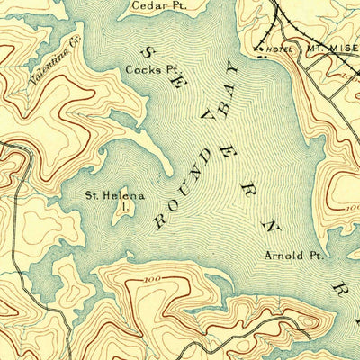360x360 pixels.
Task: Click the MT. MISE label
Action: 332,46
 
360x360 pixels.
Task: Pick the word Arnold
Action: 281,255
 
